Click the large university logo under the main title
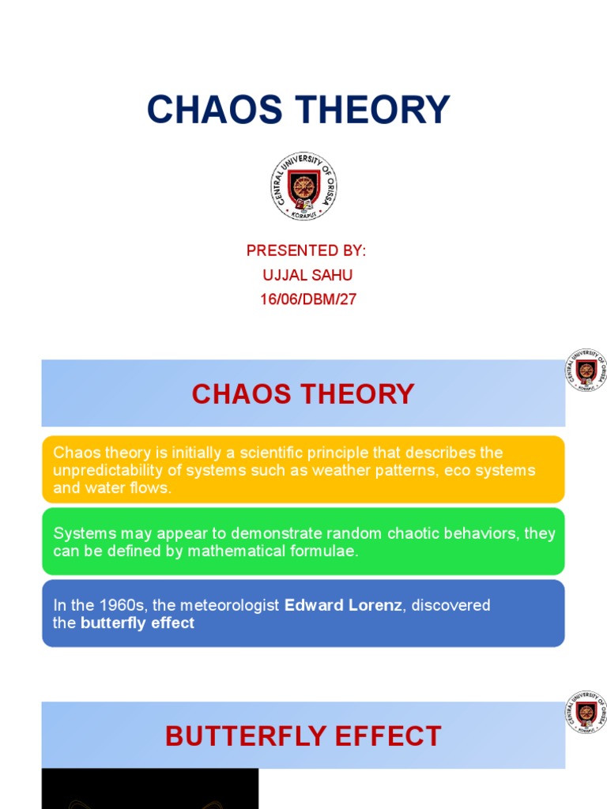[303, 186]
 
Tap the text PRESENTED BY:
[306, 250]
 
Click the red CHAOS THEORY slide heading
[303, 393]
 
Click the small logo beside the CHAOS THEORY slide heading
[586, 371]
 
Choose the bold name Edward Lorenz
[343, 605]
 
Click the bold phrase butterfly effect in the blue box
[138, 623]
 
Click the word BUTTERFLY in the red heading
[243, 736]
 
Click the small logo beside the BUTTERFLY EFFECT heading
[586, 712]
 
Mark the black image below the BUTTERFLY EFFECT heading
[149, 788]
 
